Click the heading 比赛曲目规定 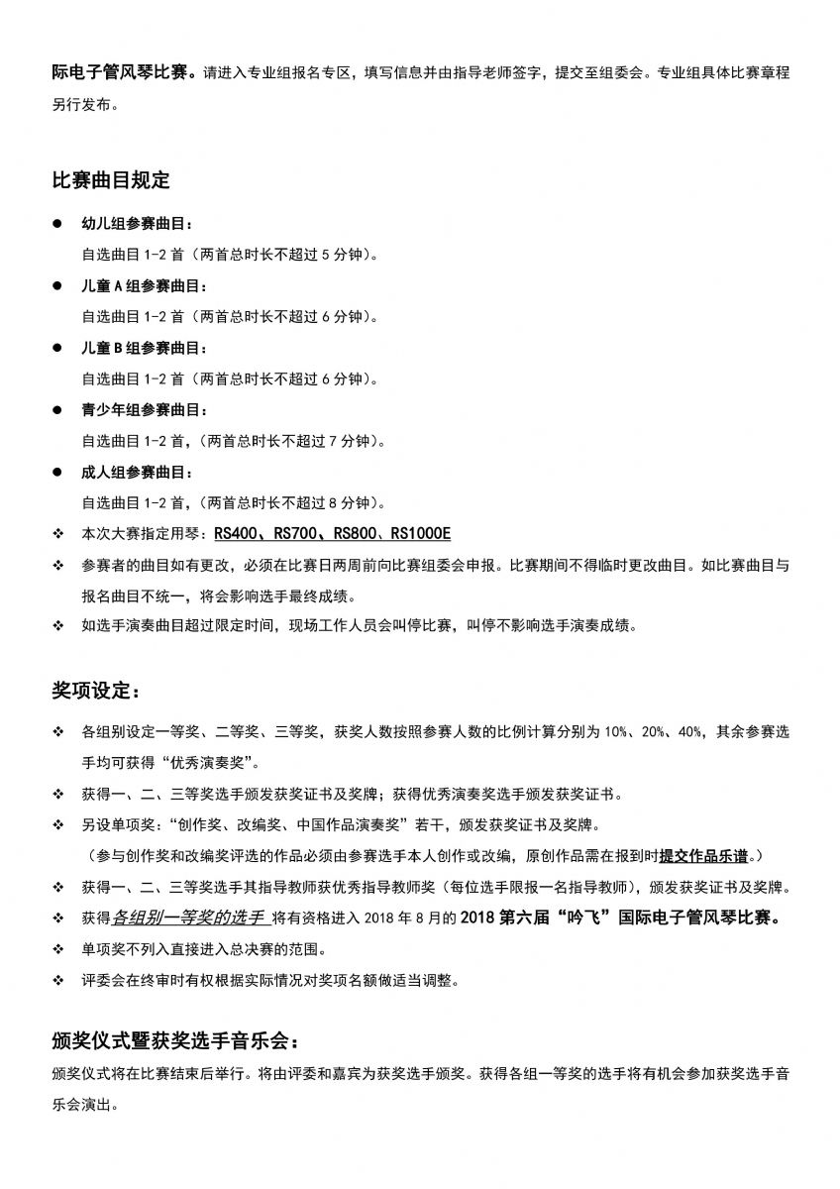tap(111, 180)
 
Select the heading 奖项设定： tap(96, 690)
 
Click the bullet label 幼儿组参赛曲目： tap(138, 224)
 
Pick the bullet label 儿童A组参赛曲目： tap(145, 286)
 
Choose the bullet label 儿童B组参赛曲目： tap(145, 349)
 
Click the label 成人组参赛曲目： tap(138, 473)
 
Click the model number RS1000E tap(420, 534)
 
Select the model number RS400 tap(234, 534)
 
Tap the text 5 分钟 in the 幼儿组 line tap(343, 255)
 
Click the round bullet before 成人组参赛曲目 tap(58, 473)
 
